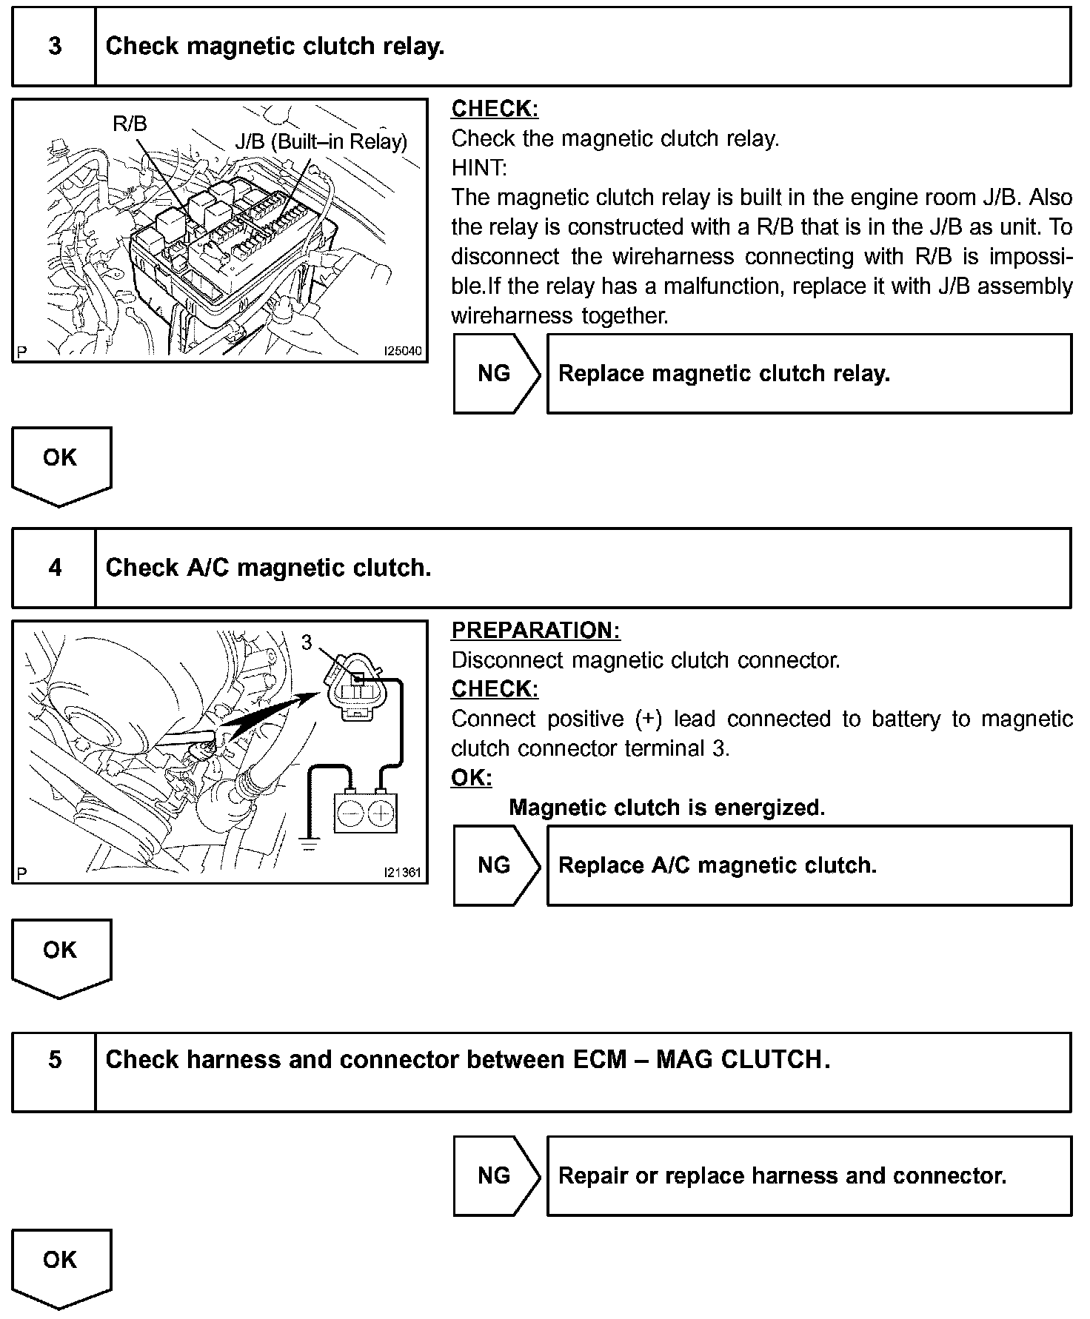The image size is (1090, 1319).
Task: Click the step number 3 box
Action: tap(55, 47)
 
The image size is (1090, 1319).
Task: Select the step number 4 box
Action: tap(55, 568)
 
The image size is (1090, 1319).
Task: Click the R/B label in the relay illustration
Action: tap(130, 124)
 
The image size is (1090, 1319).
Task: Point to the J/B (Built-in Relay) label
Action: tap(321, 141)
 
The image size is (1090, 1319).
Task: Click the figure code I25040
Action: tap(402, 351)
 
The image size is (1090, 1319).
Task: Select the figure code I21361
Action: tap(402, 873)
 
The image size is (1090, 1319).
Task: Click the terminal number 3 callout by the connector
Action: tap(307, 642)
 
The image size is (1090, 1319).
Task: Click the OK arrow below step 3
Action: tap(61, 465)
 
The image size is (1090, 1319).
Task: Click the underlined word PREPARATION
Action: tap(535, 631)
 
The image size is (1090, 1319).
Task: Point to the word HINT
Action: tap(478, 168)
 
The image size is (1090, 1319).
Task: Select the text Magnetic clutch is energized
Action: tap(666, 808)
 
